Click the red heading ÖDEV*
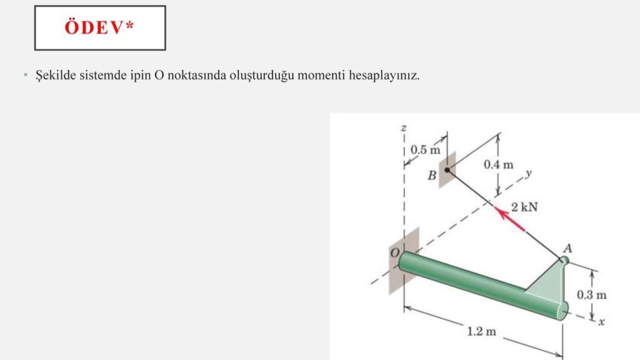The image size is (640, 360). point(100,27)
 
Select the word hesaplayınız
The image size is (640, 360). point(384,76)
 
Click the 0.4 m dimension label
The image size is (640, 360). point(499,165)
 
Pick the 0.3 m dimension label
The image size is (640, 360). point(591,294)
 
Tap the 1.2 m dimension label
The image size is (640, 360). point(481,331)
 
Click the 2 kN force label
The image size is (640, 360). point(524,207)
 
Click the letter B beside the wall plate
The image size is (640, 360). point(431,176)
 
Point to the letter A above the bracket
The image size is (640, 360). point(567,247)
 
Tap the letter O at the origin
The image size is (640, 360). point(394,252)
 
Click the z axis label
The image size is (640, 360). point(404,128)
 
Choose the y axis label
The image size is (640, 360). point(529,172)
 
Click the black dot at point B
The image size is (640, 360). point(447,169)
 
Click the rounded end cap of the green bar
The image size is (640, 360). point(562,310)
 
